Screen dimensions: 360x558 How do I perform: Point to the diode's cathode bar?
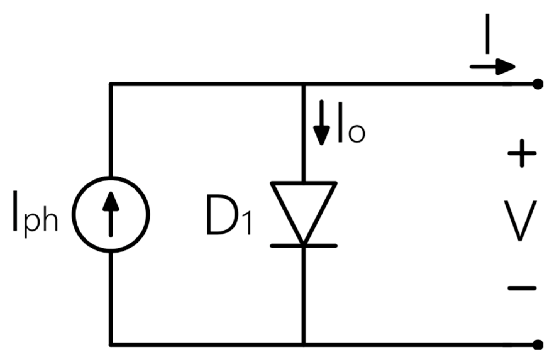(x=303, y=246)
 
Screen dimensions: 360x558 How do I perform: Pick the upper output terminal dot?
(x=538, y=84)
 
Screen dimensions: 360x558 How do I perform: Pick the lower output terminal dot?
(x=538, y=345)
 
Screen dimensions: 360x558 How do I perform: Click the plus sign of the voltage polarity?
(x=522, y=154)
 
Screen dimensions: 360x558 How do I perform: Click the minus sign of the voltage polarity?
(x=522, y=288)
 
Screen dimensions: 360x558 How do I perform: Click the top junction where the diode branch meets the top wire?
(x=303, y=84)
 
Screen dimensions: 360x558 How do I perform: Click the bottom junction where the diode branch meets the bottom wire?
(x=303, y=345)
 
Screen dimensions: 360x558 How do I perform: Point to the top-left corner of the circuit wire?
(x=111, y=84)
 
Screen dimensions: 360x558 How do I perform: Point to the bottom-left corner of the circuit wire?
(x=111, y=345)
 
